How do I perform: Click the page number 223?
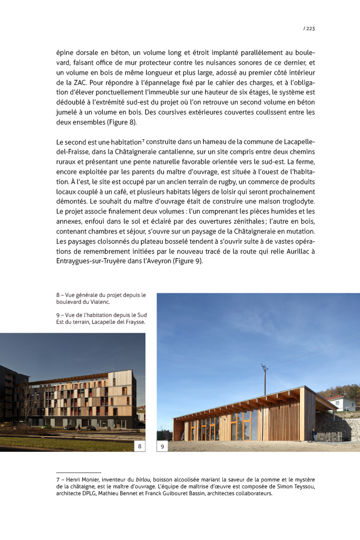(x=310, y=28)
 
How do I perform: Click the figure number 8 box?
(x=140, y=447)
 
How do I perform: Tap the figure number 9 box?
(x=162, y=447)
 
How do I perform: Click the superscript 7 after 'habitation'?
(x=143, y=140)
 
